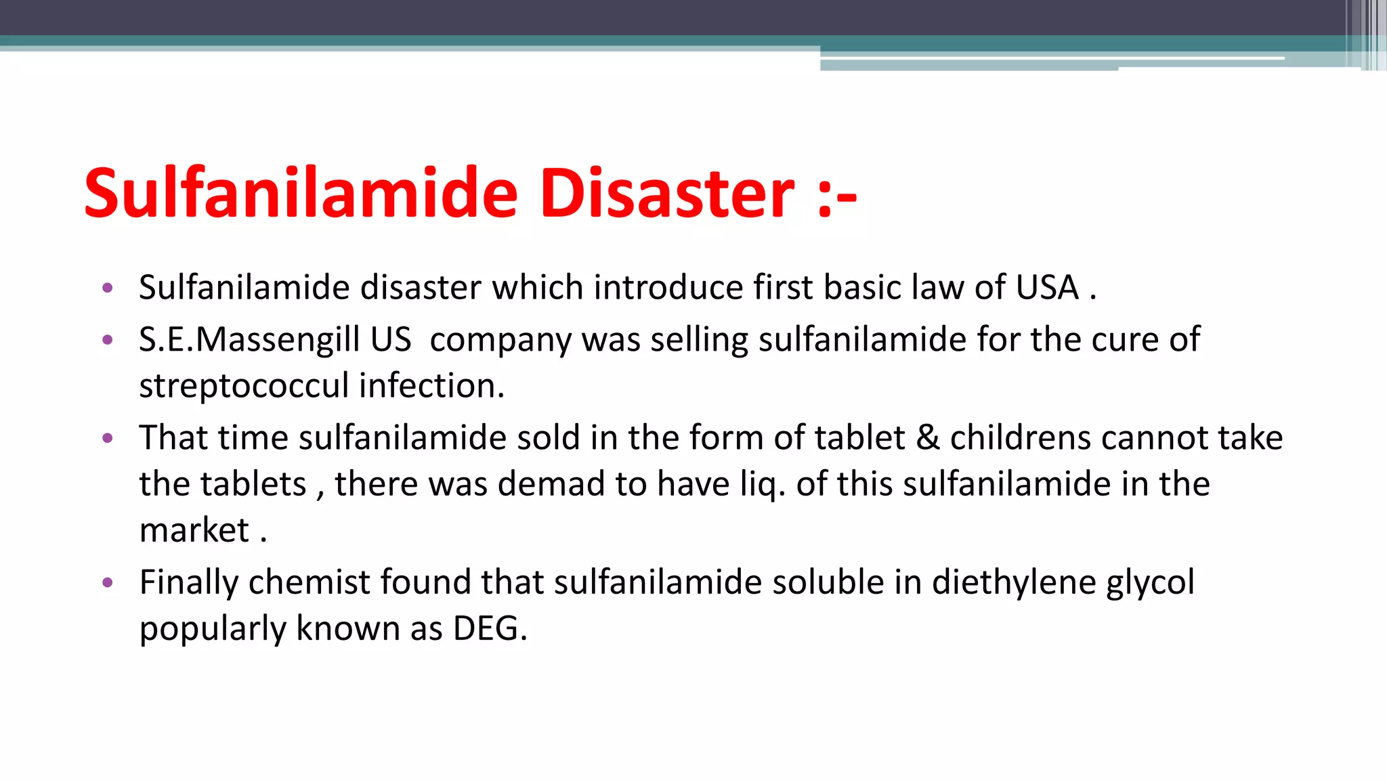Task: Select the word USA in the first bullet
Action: (1047, 288)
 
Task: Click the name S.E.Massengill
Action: (249, 340)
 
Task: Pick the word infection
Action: (431, 386)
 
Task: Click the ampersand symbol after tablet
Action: (927, 438)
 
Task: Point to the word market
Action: (194, 530)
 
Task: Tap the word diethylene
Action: (1014, 583)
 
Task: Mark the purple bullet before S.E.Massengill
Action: (107, 340)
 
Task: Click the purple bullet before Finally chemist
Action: (107, 582)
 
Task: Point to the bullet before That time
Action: (107, 438)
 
